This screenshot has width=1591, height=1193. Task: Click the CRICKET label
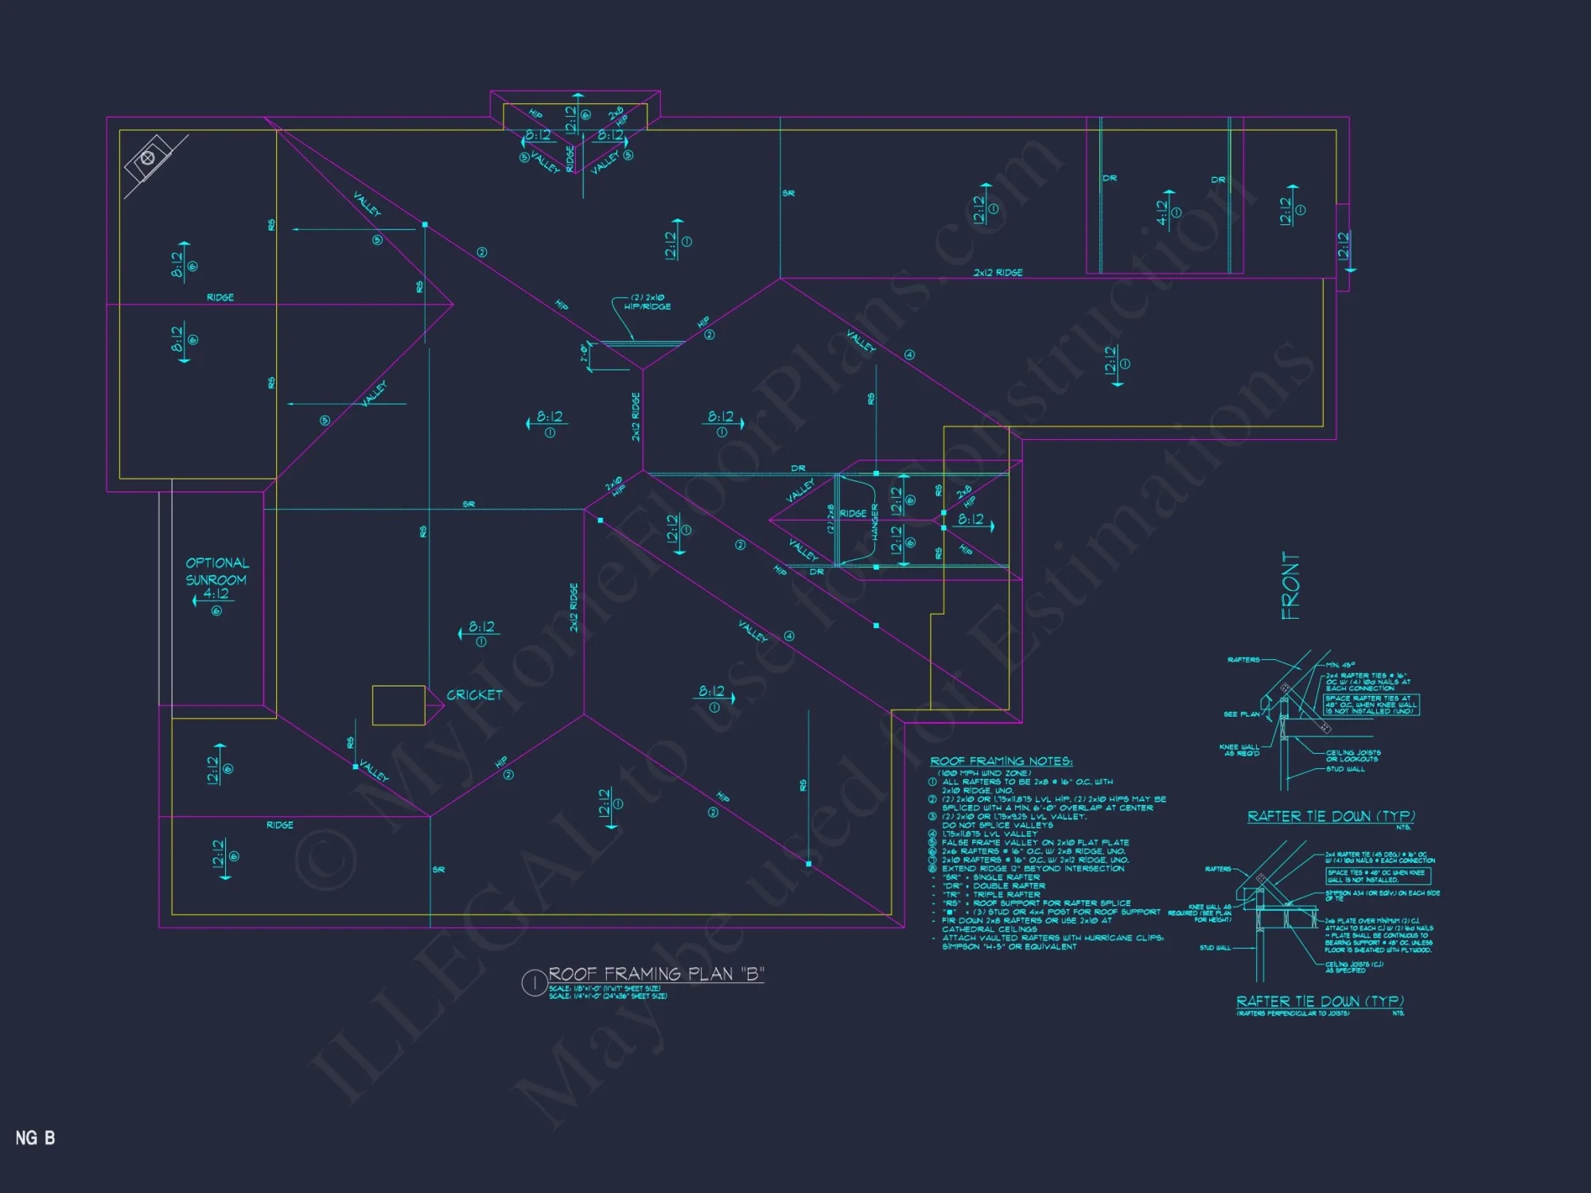click(x=474, y=695)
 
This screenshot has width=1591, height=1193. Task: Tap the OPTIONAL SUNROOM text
click(x=217, y=571)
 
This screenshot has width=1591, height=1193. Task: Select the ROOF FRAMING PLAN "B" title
click(x=656, y=974)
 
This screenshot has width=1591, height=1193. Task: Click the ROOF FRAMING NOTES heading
click(x=1001, y=761)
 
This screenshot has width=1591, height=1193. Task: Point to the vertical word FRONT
click(x=1290, y=585)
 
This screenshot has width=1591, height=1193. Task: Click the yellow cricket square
click(x=399, y=705)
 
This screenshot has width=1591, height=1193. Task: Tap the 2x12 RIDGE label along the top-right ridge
click(x=998, y=272)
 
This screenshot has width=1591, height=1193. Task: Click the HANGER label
click(x=874, y=522)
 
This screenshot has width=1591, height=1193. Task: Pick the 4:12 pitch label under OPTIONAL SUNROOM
click(x=216, y=593)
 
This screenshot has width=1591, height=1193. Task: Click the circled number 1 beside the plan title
click(x=534, y=983)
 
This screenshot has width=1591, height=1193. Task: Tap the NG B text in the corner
click(x=35, y=1138)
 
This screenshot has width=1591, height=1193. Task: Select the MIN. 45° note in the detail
click(x=1340, y=665)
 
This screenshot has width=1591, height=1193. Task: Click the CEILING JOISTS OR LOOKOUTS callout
click(x=1353, y=756)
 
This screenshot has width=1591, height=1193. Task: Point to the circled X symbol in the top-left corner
click(x=147, y=157)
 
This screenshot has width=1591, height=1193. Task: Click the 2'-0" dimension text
click(x=585, y=352)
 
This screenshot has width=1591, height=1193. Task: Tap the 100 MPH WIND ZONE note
click(x=984, y=773)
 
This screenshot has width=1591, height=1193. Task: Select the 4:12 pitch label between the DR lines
click(x=1161, y=212)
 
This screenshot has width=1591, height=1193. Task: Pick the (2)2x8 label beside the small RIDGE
click(x=831, y=518)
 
